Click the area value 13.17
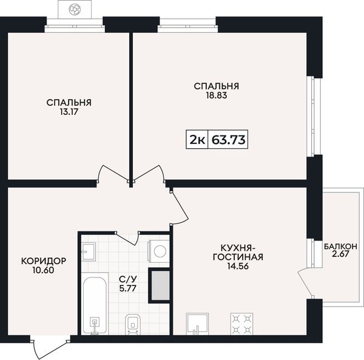click(69, 112)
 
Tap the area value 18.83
click(217, 95)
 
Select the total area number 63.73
click(229, 140)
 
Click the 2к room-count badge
click(197, 140)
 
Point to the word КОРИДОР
click(44, 261)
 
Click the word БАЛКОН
click(340, 246)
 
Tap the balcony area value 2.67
click(340, 254)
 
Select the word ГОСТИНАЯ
click(238, 257)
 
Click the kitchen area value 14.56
click(238, 266)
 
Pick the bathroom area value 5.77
click(127, 288)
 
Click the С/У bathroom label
click(128, 279)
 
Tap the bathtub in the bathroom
click(95, 304)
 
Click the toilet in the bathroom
click(132, 324)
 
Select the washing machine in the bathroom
click(159, 251)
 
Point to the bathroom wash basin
click(89, 251)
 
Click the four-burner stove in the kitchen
click(241, 324)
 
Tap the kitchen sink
click(197, 324)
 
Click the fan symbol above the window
click(75, 9)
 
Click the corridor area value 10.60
click(44, 270)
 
